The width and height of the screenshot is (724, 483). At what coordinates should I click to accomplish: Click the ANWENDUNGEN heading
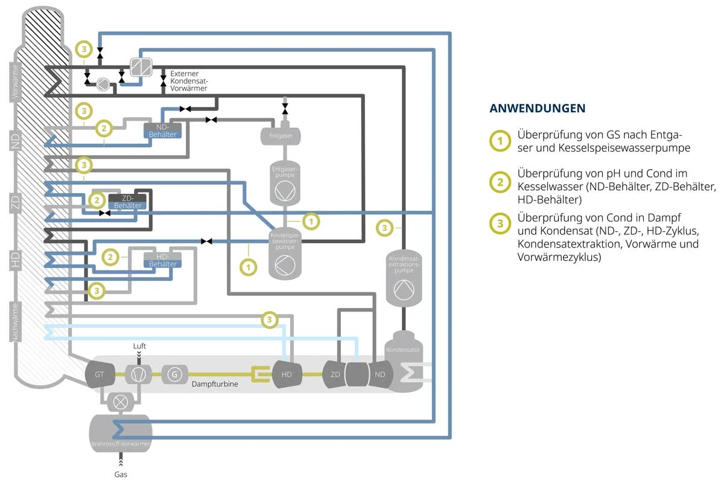(537, 109)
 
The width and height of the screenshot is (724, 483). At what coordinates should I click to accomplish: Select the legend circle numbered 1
(499, 141)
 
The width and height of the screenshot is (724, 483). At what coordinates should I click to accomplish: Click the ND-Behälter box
(162, 130)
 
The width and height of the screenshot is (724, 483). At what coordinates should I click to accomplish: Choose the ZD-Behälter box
(127, 202)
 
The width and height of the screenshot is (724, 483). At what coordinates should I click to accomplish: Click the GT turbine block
(100, 374)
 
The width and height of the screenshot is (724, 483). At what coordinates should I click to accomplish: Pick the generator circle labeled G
(174, 374)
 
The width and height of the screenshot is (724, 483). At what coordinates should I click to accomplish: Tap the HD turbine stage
(287, 374)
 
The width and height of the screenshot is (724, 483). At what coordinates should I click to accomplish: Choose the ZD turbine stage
(335, 374)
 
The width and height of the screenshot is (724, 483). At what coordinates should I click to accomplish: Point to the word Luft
(140, 347)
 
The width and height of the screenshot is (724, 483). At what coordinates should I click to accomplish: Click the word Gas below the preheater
(121, 475)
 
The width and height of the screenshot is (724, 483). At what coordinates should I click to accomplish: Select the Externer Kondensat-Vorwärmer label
(189, 80)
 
